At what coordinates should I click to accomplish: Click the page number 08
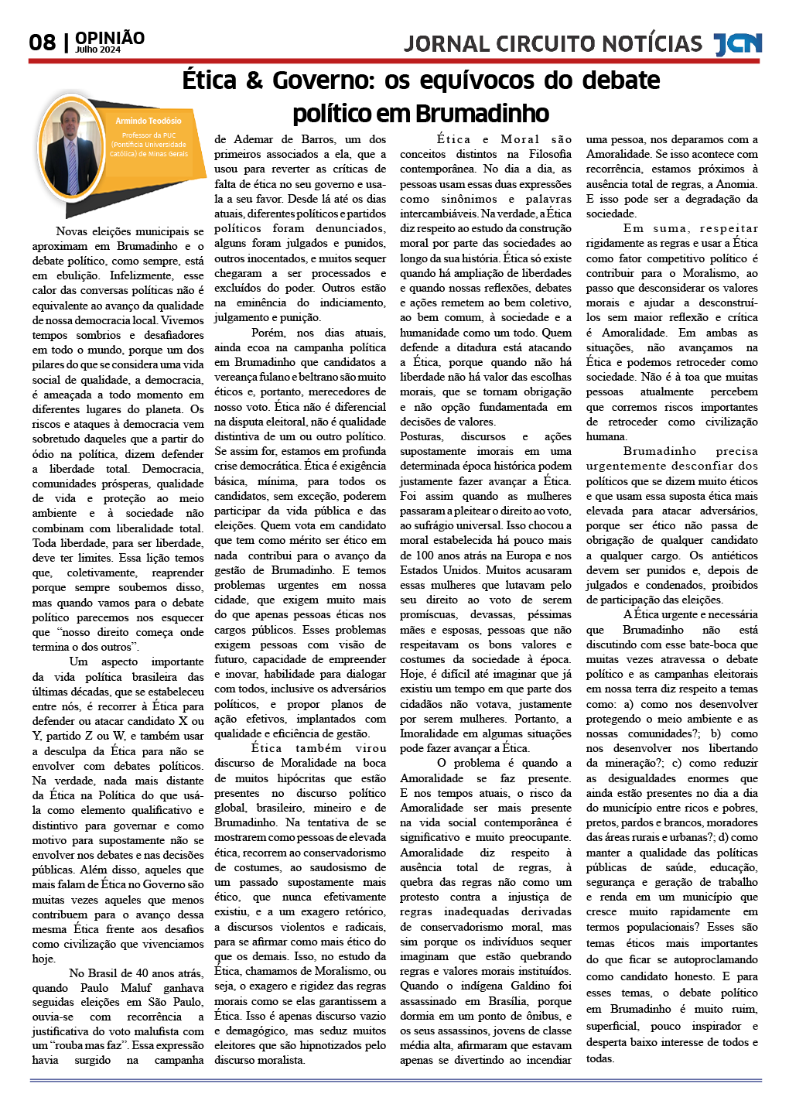pyautogui.click(x=43, y=42)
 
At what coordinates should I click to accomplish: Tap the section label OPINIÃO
pyautogui.click(x=110, y=38)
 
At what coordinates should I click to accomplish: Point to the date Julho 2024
pyautogui.click(x=97, y=50)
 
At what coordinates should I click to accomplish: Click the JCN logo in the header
pyautogui.click(x=737, y=44)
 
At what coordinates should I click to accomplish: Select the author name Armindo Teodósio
pyautogui.click(x=149, y=121)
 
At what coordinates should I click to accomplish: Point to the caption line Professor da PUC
pyautogui.click(x=149, y=135)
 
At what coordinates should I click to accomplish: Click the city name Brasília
pyautogui.click(x=507, y=1001)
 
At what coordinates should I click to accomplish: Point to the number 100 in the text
pyautogui.click(x=424, y=555)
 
